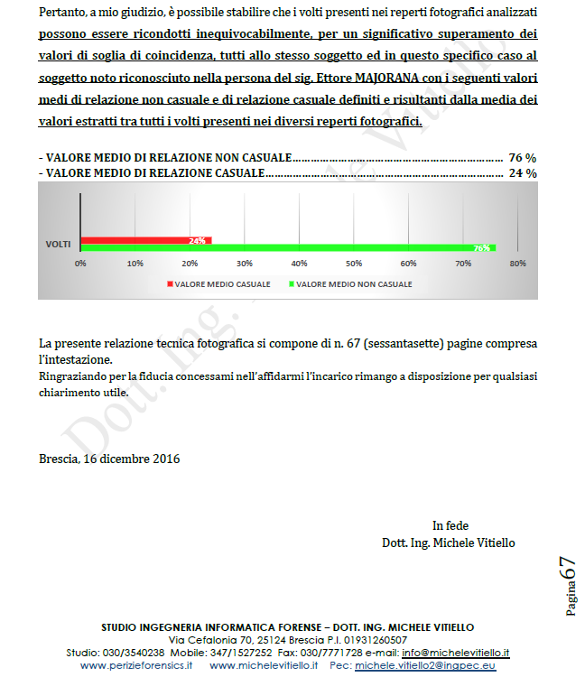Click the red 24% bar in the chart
click(x=144, y=241)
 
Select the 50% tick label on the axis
click(x=353, y=264)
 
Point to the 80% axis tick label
click(x=517, y=264)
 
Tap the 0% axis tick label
click(x=80, y=264)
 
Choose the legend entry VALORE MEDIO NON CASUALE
click(x=353, y=284)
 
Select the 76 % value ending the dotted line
click(x=523, y=157)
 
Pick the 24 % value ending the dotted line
click(x=523, y=172)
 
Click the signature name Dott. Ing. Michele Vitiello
click(x=449, y=543)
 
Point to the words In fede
click(x=450, y=525)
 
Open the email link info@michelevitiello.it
click(x=455, y=653)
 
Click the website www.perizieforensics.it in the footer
click(x=136, y=665)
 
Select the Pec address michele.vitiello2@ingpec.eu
click(x=425, y=665)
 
